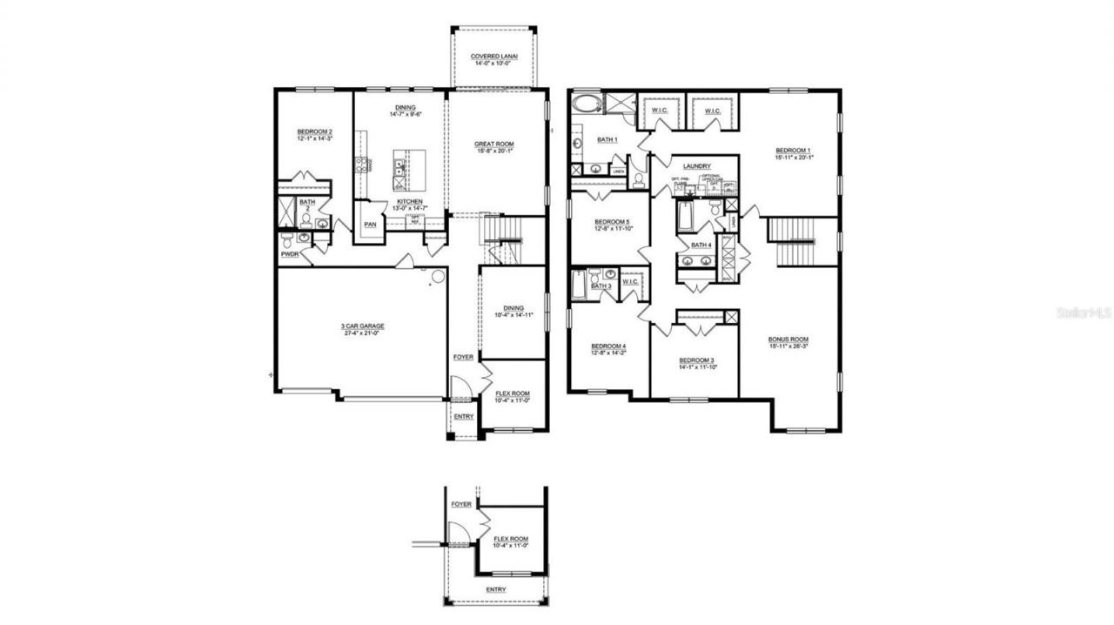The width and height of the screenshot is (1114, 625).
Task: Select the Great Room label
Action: [x=494, y=144]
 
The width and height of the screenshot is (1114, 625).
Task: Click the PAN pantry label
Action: [x=370, y=224]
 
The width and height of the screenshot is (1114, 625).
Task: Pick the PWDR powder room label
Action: [x=290, y=255]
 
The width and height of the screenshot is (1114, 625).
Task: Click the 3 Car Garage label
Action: [x=363, y=326]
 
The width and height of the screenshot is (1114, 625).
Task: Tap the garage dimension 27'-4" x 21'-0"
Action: [x=363, y=333]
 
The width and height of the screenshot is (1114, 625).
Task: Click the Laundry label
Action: [x=697, y=165]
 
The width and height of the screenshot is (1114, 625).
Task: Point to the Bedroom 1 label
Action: [x=793, y=151]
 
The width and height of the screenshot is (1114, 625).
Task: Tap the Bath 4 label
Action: [x=701, y=245]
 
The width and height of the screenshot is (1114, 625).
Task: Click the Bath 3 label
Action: [x=601, y=286]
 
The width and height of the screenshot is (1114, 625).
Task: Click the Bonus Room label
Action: [x=788, y=339]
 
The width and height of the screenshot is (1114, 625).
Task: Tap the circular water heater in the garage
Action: [x=438, y=277]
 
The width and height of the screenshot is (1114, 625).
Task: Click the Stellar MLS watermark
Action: [x=1084, y=312]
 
